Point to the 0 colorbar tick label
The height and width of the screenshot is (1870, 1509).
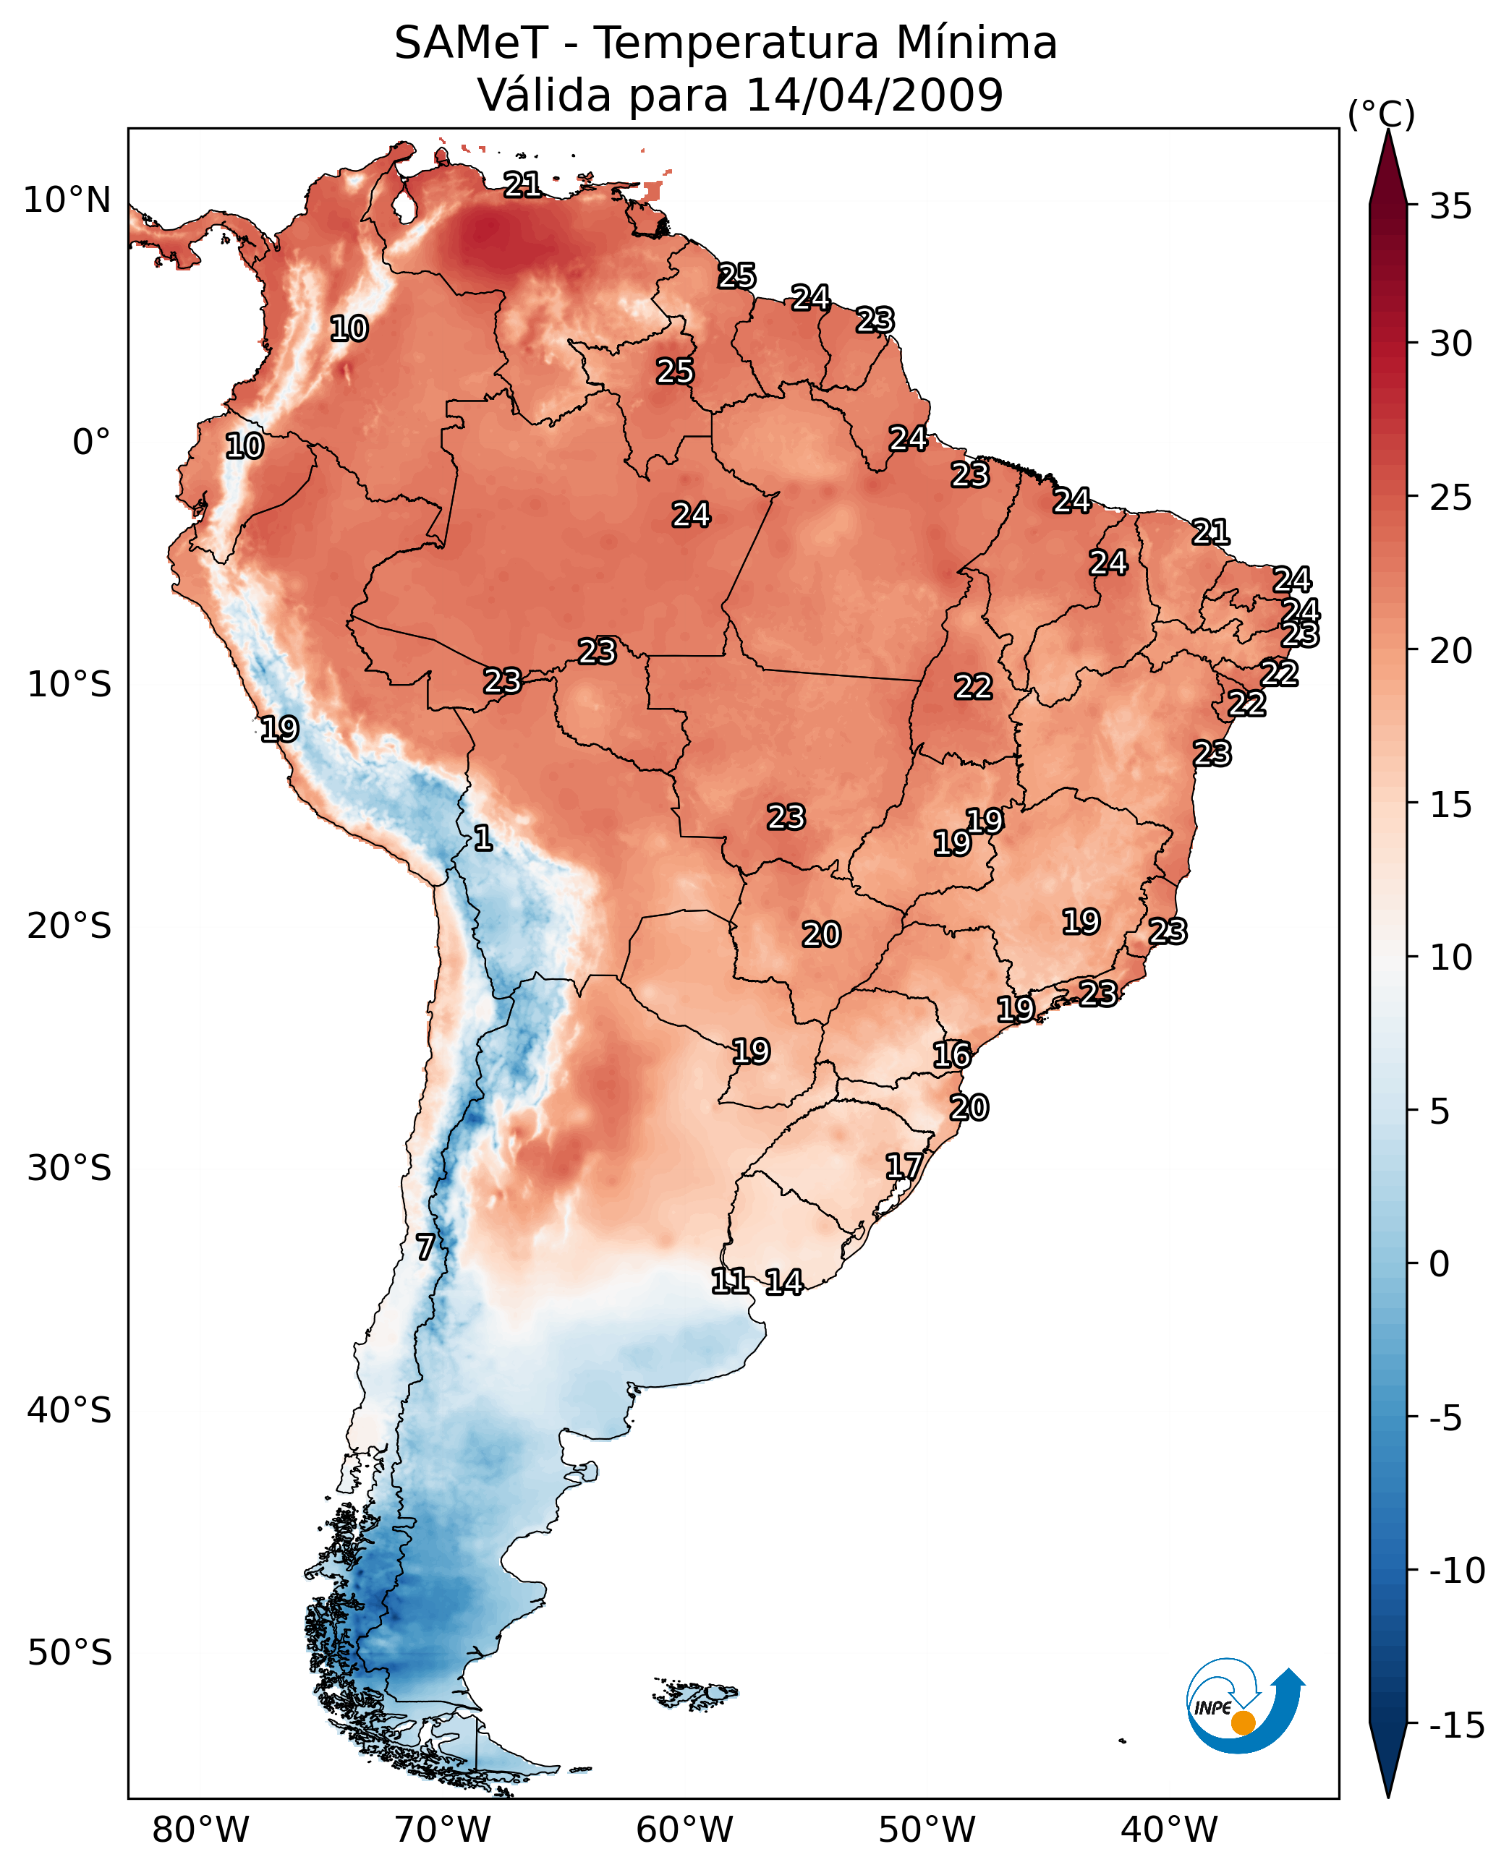tap(1440, 1263)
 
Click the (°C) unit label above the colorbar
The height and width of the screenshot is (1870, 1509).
tap(1381, 114)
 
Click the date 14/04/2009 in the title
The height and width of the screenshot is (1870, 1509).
tap(875, 95)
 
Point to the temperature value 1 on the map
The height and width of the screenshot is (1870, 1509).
tap(483, 839)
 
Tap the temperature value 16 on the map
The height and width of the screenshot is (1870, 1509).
tap(952, 1055)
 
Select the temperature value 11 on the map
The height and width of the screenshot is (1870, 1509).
tap(729, 1281)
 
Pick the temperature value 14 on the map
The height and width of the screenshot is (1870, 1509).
tap(784, 1281)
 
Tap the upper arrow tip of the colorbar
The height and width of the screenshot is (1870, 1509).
tap(1388, 130)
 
